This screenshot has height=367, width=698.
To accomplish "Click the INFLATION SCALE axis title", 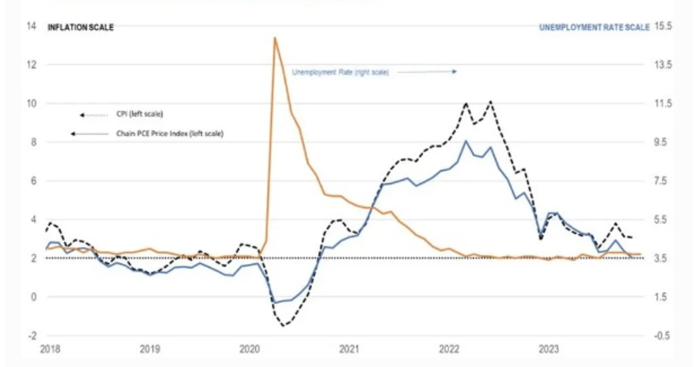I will click(x=81, y=27).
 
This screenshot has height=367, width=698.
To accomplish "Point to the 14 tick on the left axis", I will click(x=31, y=26).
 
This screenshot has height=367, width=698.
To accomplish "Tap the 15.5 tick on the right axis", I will click(x=661, y=26).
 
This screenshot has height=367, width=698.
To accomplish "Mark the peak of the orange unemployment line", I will click(x=274, y=38).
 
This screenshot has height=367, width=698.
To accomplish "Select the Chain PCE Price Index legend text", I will click(x=169, y=134).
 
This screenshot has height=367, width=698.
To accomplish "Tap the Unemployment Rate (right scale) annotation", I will click(x=341, y=72).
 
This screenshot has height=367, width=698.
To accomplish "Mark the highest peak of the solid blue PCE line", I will click(x=466, y=141).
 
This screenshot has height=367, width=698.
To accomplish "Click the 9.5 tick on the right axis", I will click(x=661, y=142).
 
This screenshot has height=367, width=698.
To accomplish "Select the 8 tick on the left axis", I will click(x=33, y=142).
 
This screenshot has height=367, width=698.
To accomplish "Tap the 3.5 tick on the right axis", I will click(x=661, y=258).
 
